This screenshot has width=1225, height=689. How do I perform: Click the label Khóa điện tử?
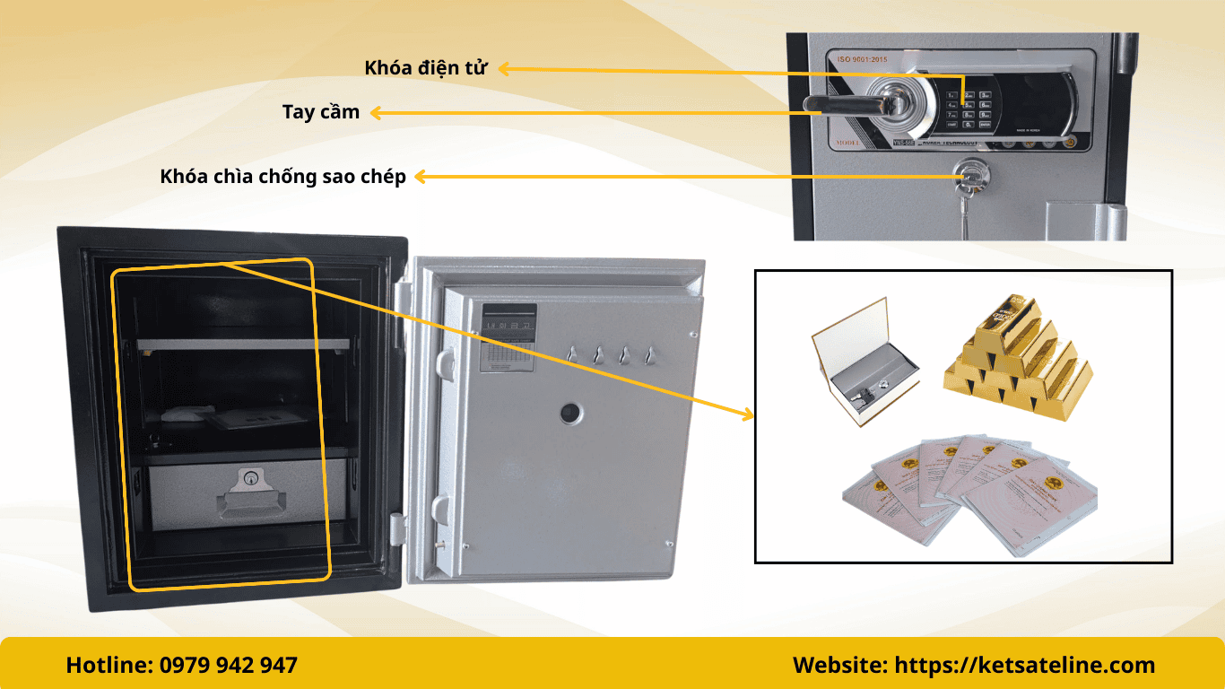tap(425, 68)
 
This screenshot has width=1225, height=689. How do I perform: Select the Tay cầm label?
tap(320, 112)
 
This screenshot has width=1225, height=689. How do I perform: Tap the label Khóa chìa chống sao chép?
tap(282, 177)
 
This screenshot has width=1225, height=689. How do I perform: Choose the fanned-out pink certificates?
tap(969, 489)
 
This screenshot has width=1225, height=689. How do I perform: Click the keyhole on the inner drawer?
tap(252, 481)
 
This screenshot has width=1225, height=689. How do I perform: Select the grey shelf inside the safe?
tap(242, 344)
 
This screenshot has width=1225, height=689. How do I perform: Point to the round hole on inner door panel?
tap(570, 414)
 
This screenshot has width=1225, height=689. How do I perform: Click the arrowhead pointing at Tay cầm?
tap(377, 112)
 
